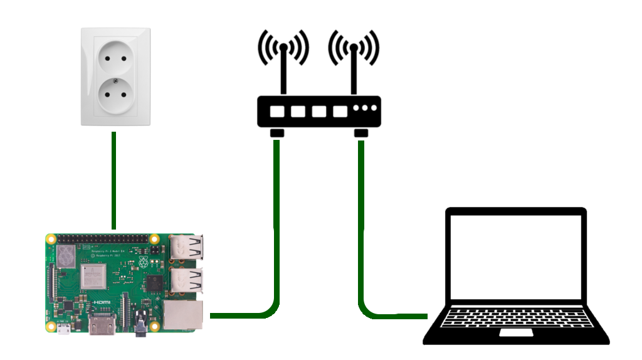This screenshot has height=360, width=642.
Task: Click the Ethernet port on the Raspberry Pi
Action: click(183, 315)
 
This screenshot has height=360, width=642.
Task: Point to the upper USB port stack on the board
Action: click(187, 249)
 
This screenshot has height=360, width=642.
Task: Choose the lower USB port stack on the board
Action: click(187, 282)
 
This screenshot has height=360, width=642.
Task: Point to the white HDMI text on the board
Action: click(102, 303)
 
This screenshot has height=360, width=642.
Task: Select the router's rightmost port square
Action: click(340, 112)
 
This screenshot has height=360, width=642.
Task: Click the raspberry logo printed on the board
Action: click(144, 262)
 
